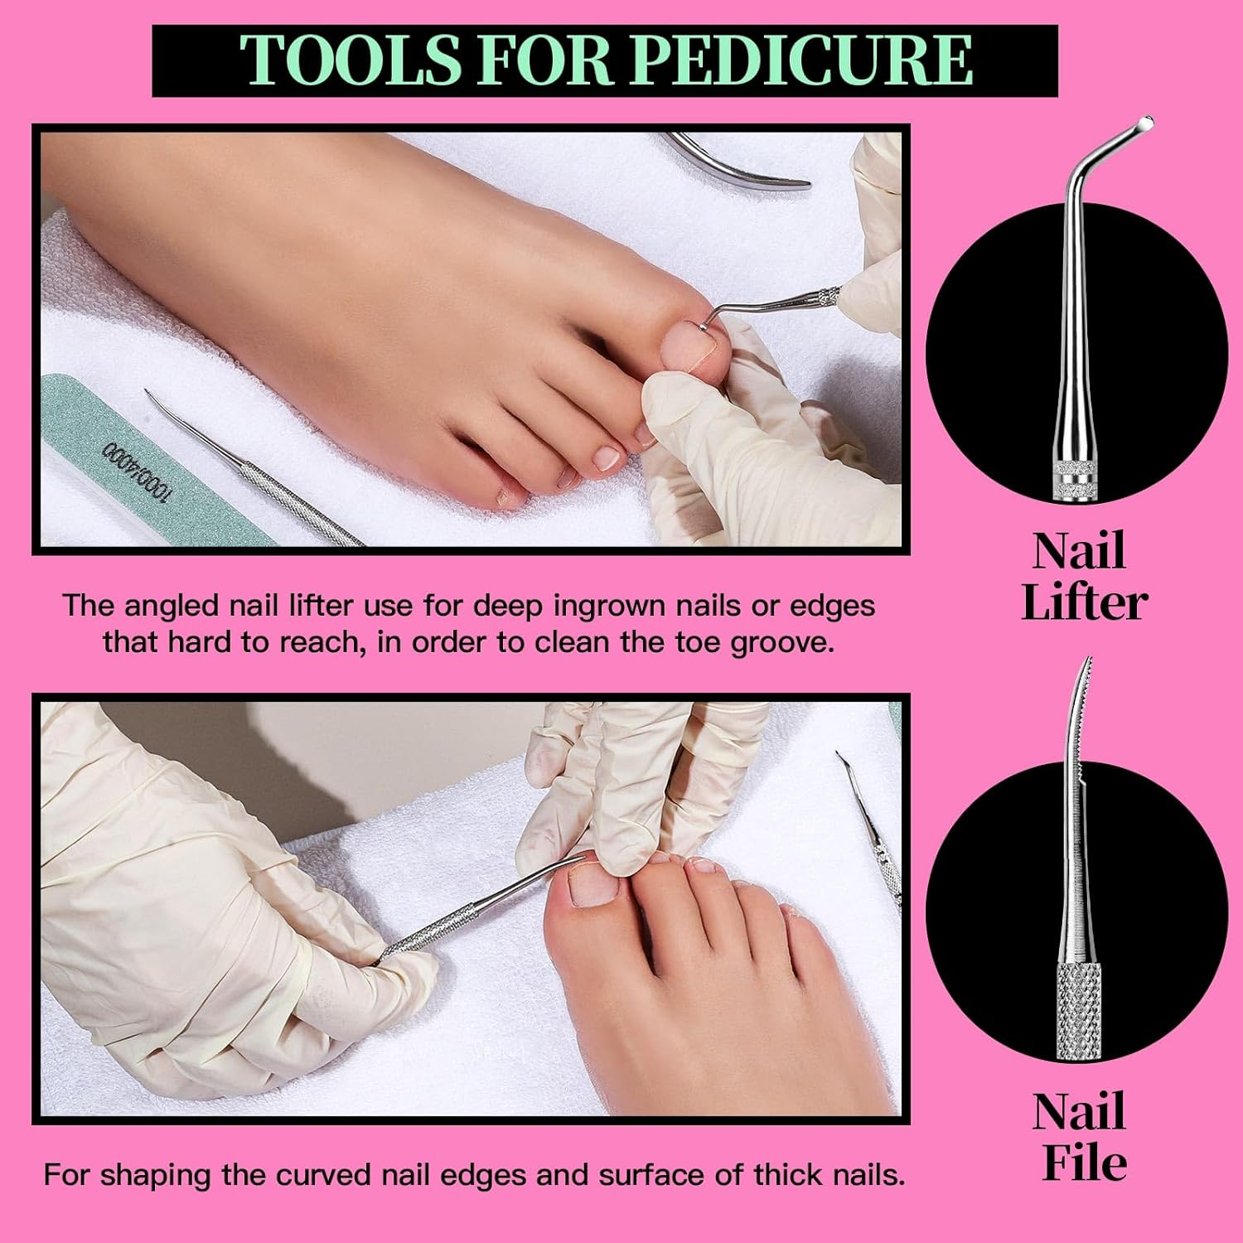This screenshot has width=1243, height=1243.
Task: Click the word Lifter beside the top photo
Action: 1084,602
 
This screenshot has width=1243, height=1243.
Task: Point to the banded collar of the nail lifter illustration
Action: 1074,481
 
